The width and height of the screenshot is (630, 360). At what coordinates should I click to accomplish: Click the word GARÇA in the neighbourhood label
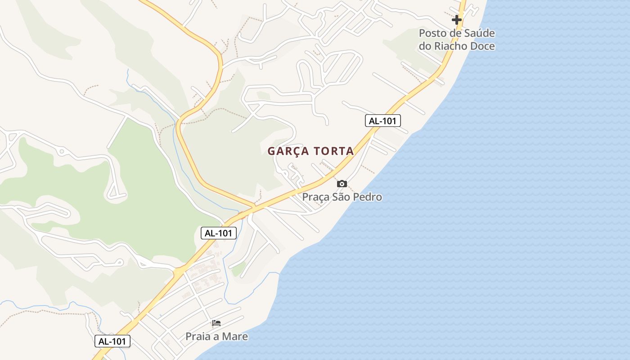click(287, 152)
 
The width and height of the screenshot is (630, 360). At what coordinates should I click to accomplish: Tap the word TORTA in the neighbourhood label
click(334, 152)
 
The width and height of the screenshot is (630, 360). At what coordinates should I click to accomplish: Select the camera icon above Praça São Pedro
click(342, 184)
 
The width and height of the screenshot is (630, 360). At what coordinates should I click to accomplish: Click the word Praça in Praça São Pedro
click(316, 197)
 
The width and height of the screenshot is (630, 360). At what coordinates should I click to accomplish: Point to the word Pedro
click(368, 197)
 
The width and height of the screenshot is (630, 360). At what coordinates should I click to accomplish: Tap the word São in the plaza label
click(342, 197)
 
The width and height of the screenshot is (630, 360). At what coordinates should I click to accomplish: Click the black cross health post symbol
click(457, 20)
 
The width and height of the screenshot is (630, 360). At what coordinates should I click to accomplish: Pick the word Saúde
click(479, 33)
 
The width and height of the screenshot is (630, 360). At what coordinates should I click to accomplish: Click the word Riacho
click(450, 46)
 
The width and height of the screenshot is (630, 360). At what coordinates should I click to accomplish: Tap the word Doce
click(482, 46)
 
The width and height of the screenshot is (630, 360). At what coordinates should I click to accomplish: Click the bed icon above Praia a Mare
click(216, 323)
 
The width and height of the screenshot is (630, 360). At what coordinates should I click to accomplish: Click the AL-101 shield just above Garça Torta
click(382, 121)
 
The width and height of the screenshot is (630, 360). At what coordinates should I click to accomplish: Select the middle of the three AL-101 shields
click(218, 233)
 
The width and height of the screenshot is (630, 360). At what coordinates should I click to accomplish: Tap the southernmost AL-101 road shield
click(112, 341)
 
